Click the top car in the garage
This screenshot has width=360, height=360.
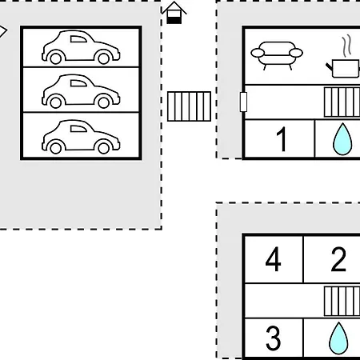coord(81,47)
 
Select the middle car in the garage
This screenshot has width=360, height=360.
coord(81,91)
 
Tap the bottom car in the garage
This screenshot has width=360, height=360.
coord(81,137)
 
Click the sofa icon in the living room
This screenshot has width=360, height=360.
coord(277,55)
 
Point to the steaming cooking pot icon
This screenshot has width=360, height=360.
coord(343,67)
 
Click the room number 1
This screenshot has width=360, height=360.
coord(282,139)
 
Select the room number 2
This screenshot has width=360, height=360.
coord(338,259)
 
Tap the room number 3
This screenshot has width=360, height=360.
coord(274,338)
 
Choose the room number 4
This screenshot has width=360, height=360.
coord(273,259)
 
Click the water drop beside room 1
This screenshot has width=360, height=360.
coord(342,140)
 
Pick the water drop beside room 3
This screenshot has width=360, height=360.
coord(338,339)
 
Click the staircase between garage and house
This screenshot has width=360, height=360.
coord(189,106)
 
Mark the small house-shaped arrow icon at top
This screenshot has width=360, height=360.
coord(174,13)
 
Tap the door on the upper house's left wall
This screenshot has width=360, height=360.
coord(243,102)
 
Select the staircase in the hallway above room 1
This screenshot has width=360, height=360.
coord(342,102)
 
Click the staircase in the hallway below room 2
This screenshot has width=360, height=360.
coord(342,302)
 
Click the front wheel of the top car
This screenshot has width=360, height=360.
coord(104,58)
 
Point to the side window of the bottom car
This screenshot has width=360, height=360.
coord(78,129)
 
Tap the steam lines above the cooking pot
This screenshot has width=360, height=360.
coord(346,46)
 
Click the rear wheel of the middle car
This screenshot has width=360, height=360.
coord(56,102)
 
